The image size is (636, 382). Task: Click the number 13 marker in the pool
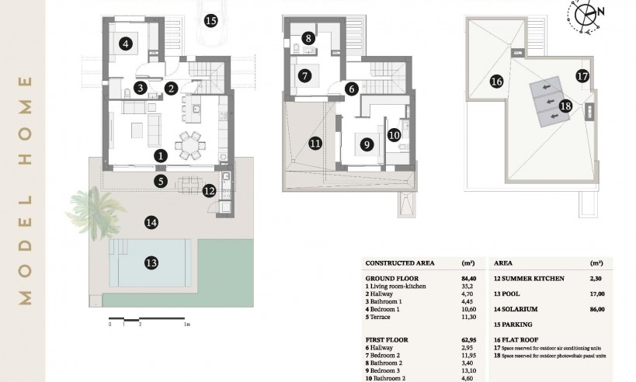pyautogui.click(x=151, y=262)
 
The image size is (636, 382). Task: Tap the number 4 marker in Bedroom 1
pyautogui.click(x=126, y=44)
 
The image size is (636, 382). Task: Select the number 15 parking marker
pyautogui.click(x=210, y=19)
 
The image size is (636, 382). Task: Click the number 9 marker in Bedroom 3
pyautogui.click(x=364, y=143)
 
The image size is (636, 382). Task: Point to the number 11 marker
pyautogui.click(x=315, y=143)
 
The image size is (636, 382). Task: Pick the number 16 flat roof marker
pyautogui.click(x=496, y=80)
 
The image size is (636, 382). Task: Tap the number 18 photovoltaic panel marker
pyautogui.click(x=565, y=106)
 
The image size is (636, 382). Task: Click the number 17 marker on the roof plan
pyautogui.click(x=582, y=75)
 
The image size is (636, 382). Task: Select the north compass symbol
pyautogui.click(x=589, y=15)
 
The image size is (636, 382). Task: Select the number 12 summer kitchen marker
pyautogui.click(x=208, y=190)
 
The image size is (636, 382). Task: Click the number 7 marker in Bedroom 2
pyautogui.click(x=304, y=76)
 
